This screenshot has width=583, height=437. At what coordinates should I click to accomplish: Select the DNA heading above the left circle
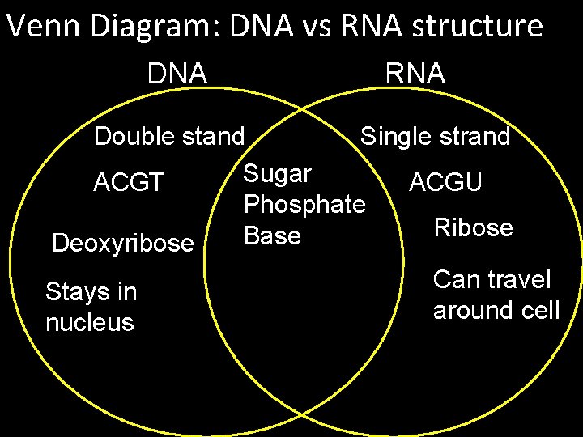click(x=177, y=74)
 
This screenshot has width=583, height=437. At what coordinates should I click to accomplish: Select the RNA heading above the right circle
click(x=415, y=74)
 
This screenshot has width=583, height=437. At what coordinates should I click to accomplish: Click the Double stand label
click(x=168, y=137)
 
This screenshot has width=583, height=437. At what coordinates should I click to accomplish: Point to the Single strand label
click(x=436, y=137)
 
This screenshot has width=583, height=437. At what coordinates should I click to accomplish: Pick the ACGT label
click(x=129, y=183)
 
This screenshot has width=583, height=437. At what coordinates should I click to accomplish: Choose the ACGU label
click(x=446, y=182)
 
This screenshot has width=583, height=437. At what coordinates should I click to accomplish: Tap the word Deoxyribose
click(x=123, y=243)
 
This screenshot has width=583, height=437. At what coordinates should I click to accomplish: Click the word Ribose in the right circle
click(x=474, y=227)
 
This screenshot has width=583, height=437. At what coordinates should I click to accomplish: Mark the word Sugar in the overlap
click(x=278, y=173)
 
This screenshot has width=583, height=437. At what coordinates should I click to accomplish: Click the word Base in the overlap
click(x=272, y=235)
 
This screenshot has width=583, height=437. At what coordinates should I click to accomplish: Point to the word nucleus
click(x=90, y=323)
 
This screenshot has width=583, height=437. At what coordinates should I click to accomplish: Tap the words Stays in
click(x=91, y=291)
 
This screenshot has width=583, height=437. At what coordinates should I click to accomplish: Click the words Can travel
click(x=492, y=280)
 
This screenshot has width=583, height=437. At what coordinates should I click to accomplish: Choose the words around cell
click(x=496, y=311)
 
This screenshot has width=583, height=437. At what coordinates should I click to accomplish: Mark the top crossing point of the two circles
click(x=302, y=108)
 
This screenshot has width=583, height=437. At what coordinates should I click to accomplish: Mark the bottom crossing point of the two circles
click(x=302, y=414)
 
